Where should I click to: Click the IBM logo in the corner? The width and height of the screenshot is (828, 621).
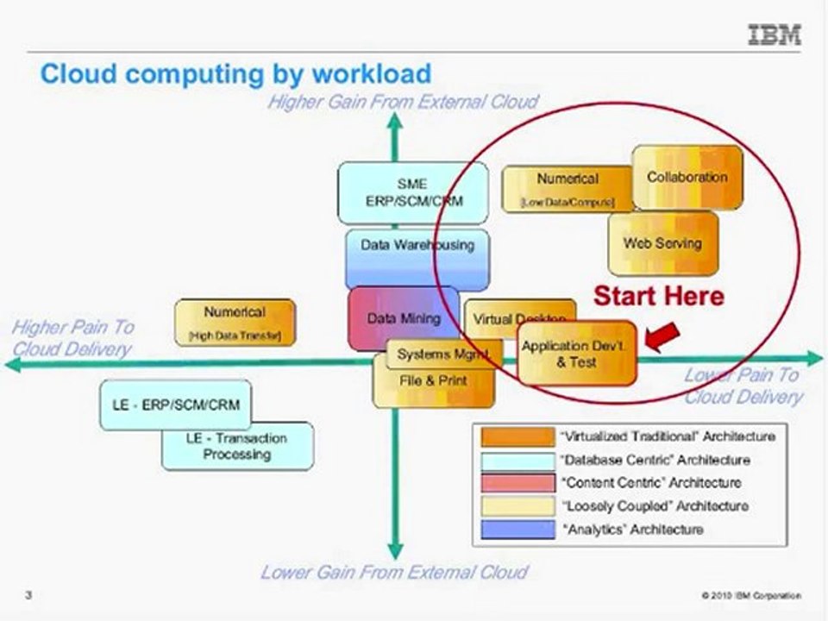pos(774,35)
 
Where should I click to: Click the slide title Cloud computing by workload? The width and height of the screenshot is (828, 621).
pos(235,73)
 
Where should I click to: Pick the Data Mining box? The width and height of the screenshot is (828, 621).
pos(403,318)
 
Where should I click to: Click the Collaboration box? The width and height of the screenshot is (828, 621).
pos(687,177)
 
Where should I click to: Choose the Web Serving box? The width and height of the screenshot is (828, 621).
pos(662,243)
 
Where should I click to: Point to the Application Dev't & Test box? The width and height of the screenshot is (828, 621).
pos(576,354)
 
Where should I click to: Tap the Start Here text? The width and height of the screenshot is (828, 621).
pos(658,297)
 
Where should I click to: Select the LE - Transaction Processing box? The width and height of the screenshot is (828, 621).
pos(238,446)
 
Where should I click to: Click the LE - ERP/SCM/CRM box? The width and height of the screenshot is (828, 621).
pos(176,405)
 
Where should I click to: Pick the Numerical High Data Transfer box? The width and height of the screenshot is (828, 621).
pos(235,323)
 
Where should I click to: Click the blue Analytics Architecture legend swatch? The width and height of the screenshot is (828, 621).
pos(517,529)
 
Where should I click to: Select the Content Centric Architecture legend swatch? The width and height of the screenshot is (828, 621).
pos(517,482)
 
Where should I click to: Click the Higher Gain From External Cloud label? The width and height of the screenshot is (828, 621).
pos(402,102)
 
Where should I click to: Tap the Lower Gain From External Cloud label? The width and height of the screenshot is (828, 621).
pos(393,572)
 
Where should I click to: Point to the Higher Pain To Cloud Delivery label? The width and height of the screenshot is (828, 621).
pos(72,337)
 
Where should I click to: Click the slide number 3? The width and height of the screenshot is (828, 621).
pos(28,595)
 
